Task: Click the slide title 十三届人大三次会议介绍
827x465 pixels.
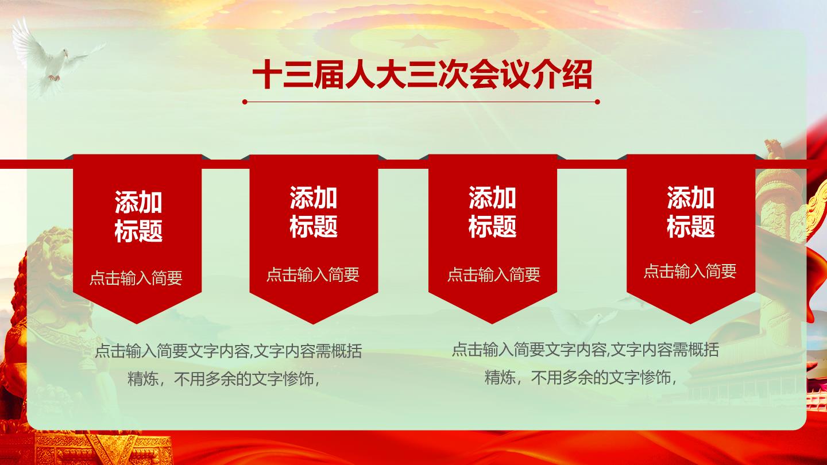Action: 422,75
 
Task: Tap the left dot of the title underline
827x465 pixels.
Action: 245,102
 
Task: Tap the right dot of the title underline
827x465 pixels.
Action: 597,102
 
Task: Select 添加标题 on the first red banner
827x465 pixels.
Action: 138,216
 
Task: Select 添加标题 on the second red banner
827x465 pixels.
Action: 314,212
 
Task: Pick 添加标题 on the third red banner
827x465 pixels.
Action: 493,212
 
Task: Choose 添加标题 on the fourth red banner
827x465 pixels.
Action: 691,212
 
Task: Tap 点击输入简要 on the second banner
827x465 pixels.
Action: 312,275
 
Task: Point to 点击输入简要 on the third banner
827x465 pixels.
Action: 494,275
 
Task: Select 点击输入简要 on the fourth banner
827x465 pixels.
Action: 690,271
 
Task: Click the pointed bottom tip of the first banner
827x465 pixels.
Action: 137,324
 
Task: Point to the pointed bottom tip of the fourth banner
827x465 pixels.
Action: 691,324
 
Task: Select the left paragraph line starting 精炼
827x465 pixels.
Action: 224,379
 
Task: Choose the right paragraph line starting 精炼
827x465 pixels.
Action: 581,378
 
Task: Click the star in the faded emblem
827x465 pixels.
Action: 418,41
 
